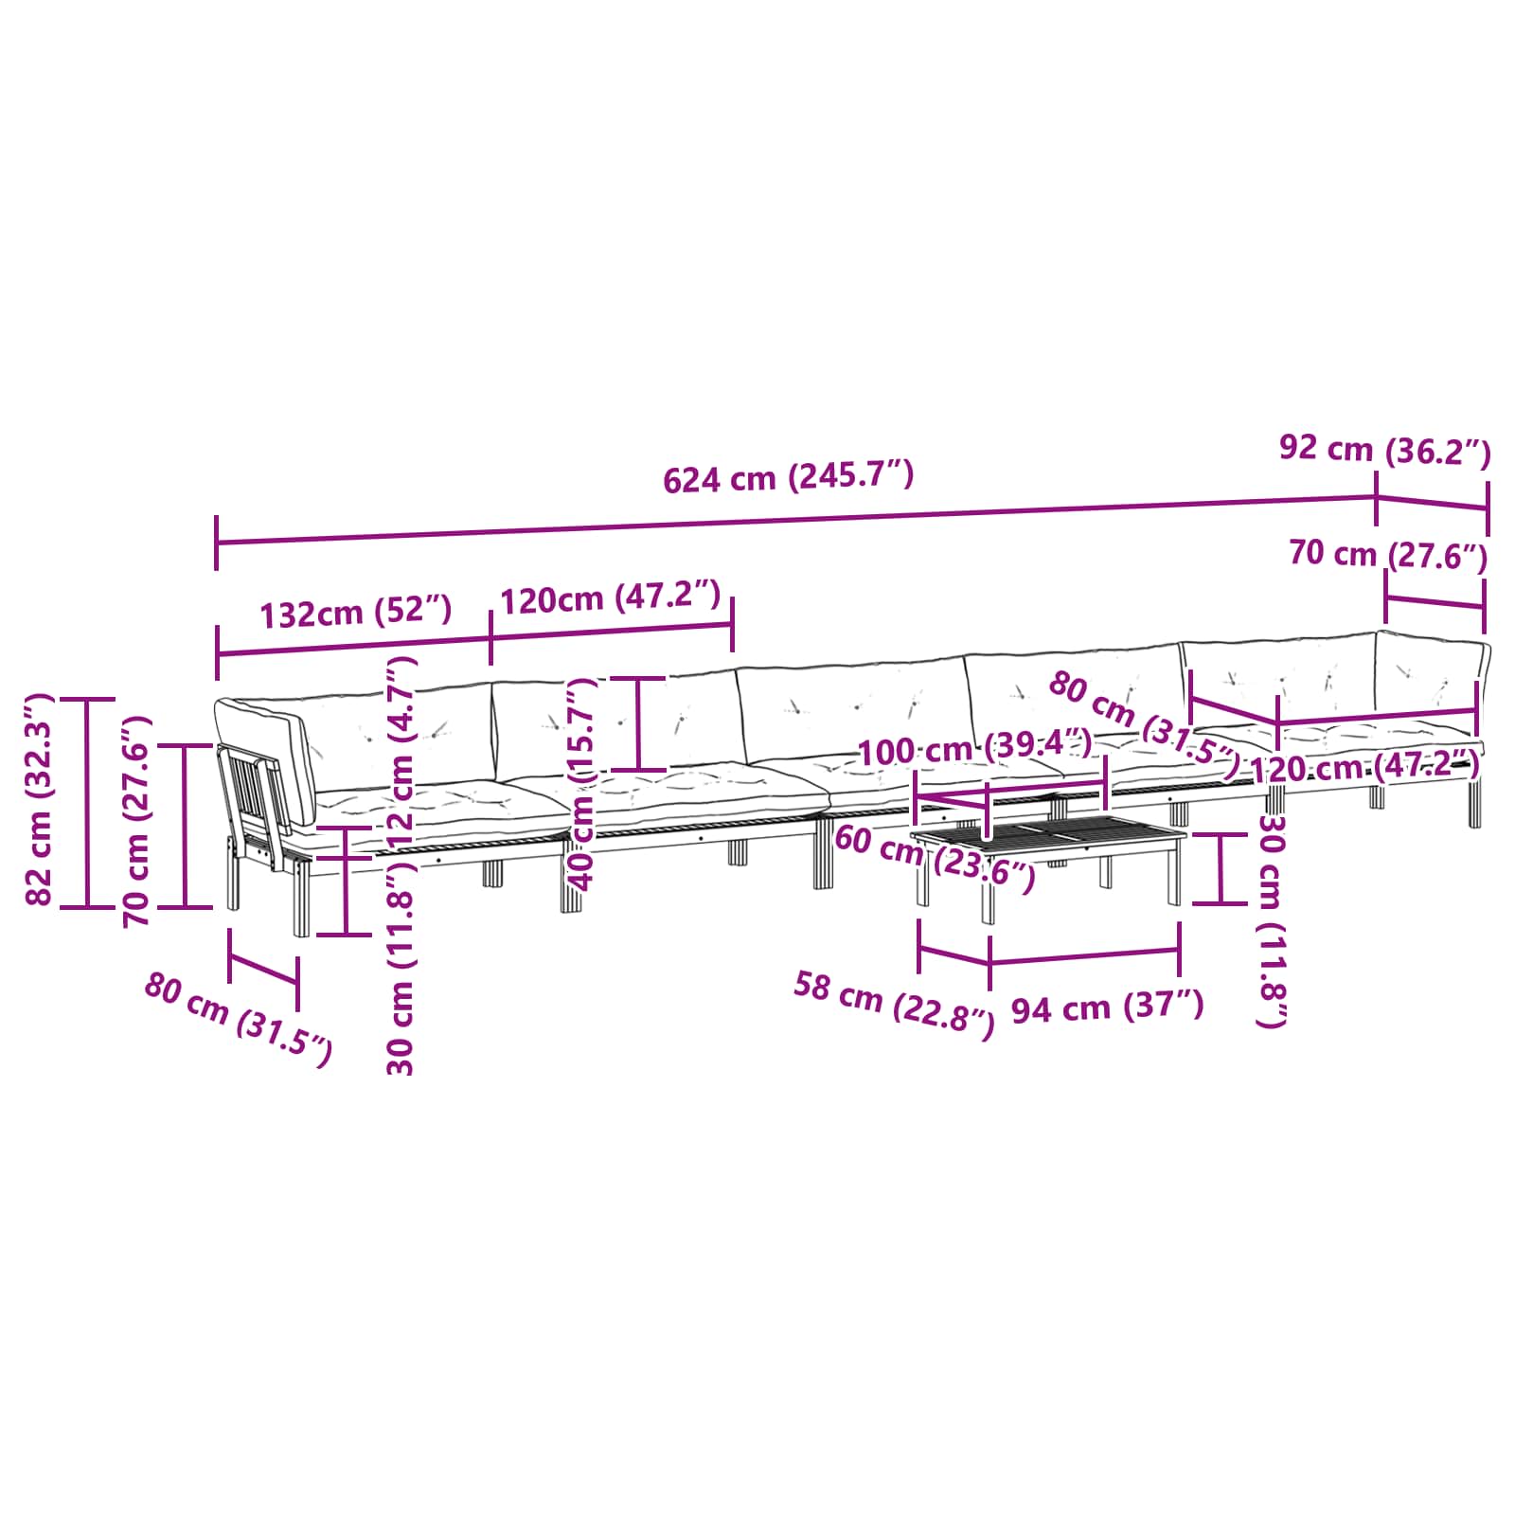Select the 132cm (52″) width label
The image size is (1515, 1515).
356,613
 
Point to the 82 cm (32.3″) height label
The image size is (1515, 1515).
39,800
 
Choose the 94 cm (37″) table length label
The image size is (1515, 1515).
1107,1007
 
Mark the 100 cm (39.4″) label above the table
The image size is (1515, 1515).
974,749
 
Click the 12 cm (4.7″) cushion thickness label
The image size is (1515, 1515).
403,754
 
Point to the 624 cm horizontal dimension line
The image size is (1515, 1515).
795,519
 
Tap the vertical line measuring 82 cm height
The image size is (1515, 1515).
88,803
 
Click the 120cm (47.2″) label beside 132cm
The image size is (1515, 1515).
610,597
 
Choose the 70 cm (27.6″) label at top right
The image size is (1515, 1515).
1387,554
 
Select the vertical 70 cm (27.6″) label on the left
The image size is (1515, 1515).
137,820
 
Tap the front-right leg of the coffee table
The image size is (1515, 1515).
1174,875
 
